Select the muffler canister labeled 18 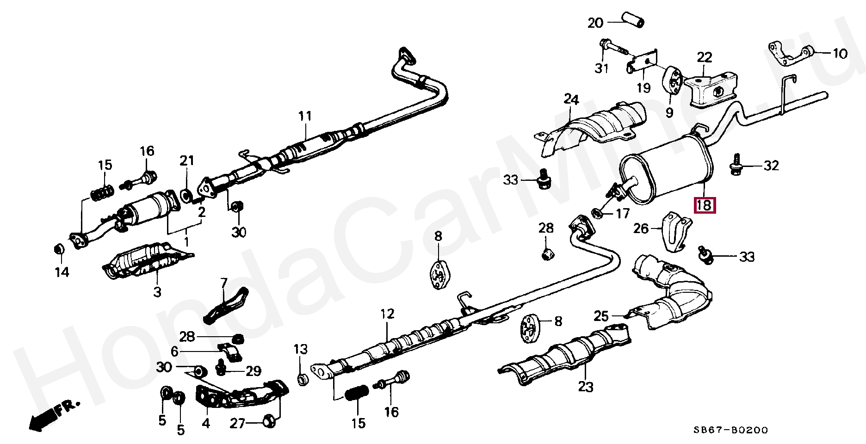pos(666,173)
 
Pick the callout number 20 pos(596,22)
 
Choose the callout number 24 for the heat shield pos(571,99)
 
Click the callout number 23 pos(586,386)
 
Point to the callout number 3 pos(157,292)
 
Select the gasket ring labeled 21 pos(186,196)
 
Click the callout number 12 pos(387,314)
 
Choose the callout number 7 pos(224,282)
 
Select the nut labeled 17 pos(597,214)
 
